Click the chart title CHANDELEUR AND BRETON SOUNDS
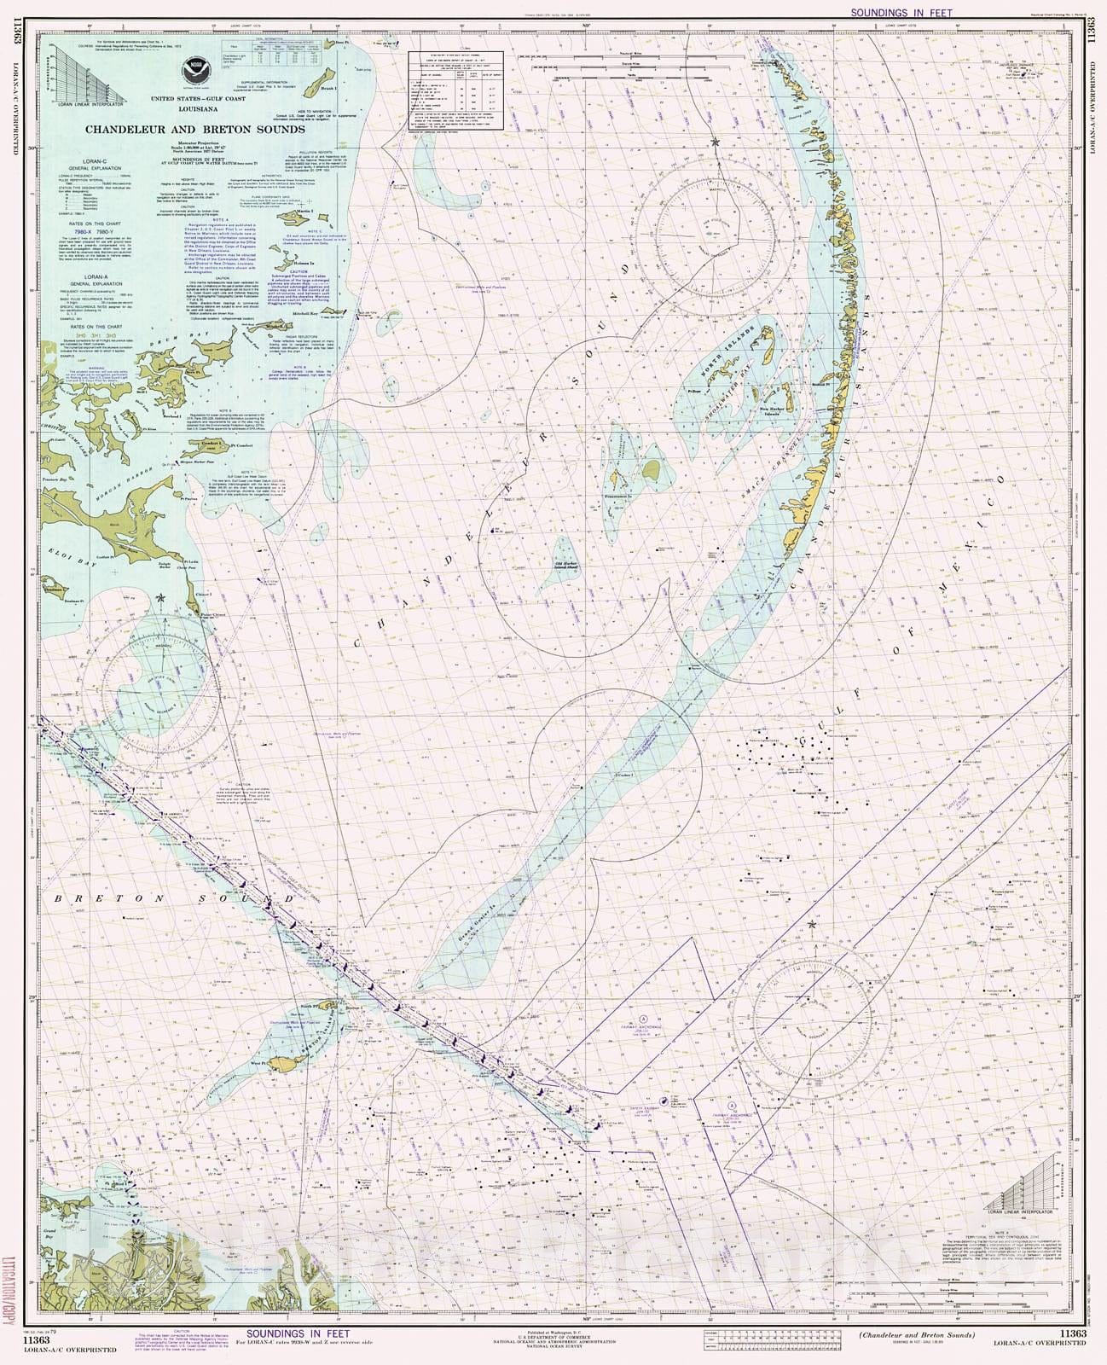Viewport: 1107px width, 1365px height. pos(194,130)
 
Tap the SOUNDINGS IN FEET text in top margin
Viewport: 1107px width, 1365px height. pos(901,13)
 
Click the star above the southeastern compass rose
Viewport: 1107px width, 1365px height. pos(811,925)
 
